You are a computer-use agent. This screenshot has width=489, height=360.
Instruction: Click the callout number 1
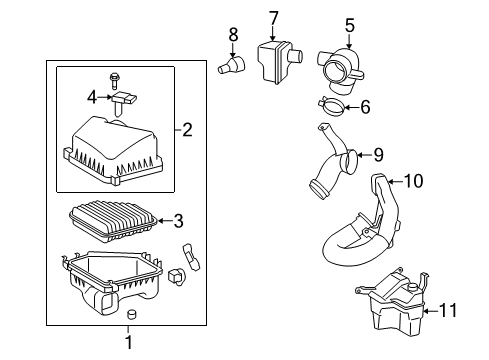tap(129, 344)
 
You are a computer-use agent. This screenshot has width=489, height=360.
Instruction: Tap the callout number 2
tap(188, 128)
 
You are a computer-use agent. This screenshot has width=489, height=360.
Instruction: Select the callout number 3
tap(178, 220)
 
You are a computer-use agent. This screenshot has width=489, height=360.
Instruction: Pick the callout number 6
tap(364, 105)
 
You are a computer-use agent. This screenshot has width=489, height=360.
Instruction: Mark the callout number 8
tap(233, 35)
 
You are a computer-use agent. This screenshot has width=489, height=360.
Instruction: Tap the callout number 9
tap(378, 155)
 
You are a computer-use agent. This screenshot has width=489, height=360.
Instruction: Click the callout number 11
tap(451, 311)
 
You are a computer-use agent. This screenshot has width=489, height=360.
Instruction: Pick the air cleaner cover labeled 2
tap(113, 149)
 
